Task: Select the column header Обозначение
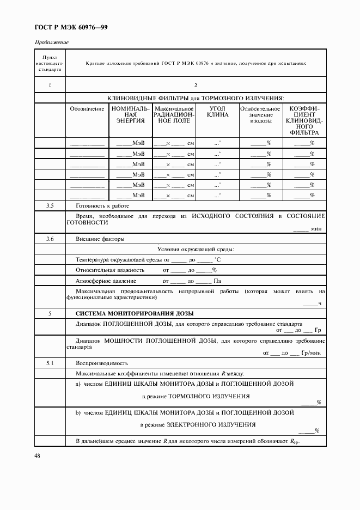click(x=87, y=108)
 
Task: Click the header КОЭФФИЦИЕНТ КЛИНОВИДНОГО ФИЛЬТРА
click(x=304, y=120)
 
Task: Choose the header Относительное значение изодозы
click(x=260, y=116)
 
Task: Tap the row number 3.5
click(x=50, y=205)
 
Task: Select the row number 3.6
click(x=50, y=239)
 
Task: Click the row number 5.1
click(x=50, y=362)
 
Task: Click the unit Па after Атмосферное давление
click(x=216, y=281)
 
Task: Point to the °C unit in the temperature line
click(x=217, y=259)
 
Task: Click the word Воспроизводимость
click(x=102, y=362)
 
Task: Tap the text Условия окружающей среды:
click(x=196, y=249)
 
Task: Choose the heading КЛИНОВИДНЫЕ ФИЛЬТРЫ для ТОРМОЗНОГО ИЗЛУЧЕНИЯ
click(x=196, y=98)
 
